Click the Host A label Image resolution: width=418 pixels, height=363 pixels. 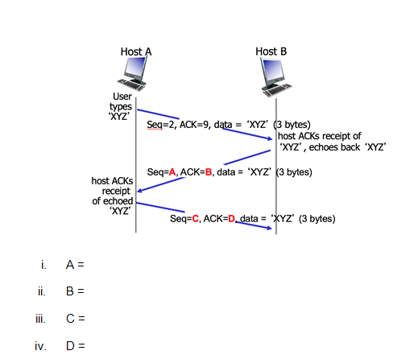136,52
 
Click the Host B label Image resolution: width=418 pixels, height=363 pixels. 271,51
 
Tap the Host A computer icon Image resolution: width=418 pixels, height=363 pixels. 135,74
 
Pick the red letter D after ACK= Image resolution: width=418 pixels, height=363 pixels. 232,218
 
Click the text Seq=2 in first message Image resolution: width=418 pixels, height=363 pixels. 161,125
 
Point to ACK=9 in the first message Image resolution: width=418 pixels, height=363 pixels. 193,125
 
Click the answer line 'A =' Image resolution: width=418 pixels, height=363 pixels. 76,264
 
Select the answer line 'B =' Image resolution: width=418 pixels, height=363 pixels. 76,291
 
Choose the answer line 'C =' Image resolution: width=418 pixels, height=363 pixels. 76,320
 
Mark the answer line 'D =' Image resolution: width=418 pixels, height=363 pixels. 76,348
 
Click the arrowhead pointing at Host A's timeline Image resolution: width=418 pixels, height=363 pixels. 140,191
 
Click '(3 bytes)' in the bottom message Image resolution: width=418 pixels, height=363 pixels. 317,218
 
